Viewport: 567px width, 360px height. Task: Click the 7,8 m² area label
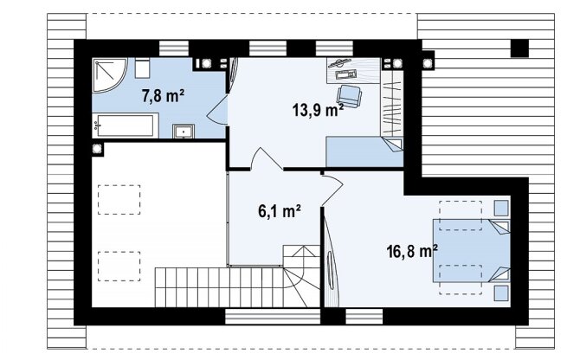163,97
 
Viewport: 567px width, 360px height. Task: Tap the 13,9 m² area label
318,110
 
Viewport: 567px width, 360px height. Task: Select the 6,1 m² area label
280,211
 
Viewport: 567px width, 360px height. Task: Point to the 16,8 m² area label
412,251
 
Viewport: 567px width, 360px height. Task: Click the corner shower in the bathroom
108,74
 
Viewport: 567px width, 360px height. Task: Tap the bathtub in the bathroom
126,125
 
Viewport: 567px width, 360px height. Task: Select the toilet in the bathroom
142,68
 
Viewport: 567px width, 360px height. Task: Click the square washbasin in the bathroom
184,132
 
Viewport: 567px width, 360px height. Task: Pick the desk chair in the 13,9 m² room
349,96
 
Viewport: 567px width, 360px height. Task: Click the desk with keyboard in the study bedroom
354,71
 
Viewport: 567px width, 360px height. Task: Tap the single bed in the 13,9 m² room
364,151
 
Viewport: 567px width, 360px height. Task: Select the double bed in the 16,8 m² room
472,250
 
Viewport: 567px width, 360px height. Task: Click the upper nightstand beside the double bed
501,209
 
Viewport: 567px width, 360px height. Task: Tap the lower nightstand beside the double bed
501,293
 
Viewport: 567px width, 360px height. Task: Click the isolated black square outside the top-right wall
519,48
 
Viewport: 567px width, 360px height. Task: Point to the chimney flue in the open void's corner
97,149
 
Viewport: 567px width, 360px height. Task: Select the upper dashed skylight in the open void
119,200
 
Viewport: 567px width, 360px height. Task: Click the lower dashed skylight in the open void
119,267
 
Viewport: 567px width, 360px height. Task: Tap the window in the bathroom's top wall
174,48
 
